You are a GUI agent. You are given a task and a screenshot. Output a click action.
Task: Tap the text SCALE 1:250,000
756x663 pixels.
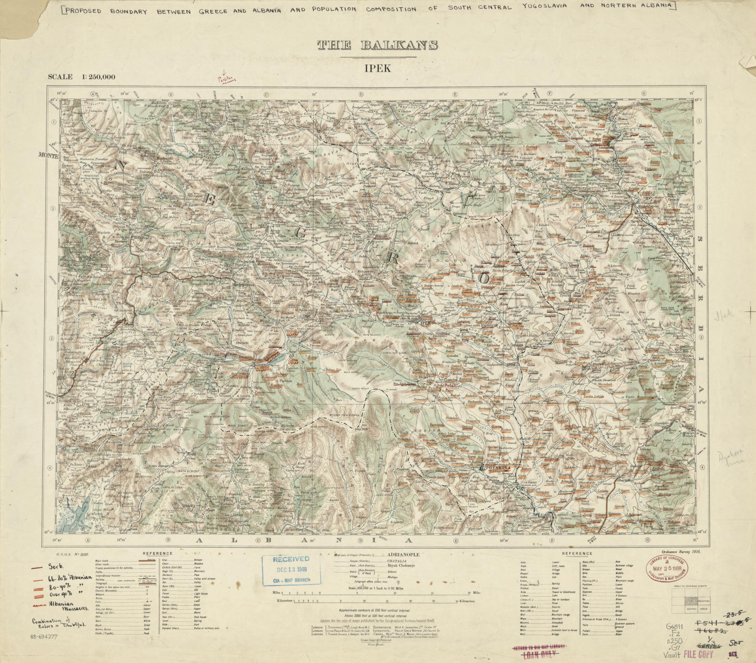pos(81,77)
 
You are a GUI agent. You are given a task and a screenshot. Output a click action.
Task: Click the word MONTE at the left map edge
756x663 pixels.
pos(48,156)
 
